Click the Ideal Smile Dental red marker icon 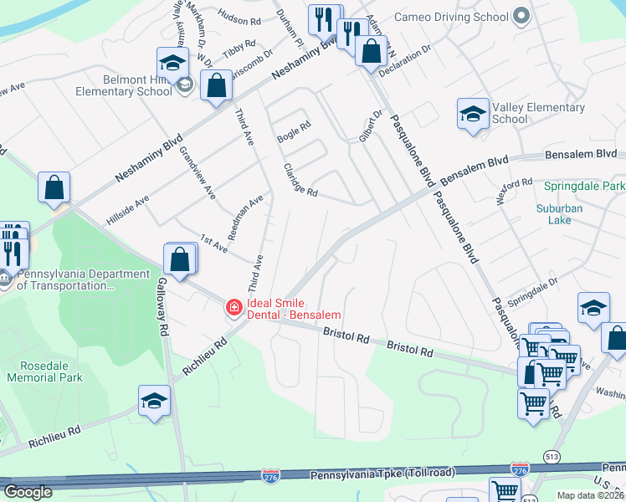[233, 309]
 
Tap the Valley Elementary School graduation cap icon [473, 114]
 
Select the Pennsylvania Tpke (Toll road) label [382, 474]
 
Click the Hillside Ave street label [128, 210]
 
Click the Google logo [28, 492]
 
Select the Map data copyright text [590, 495]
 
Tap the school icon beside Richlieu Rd [155, 401]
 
